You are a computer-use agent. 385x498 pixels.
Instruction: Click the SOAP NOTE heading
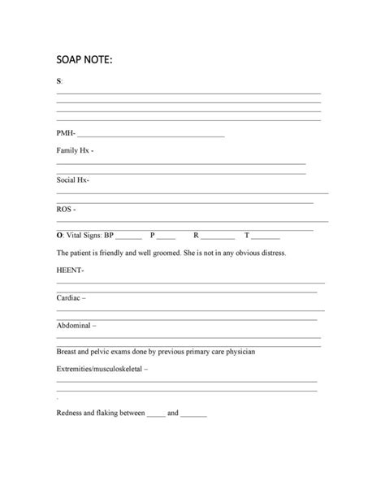(x=84, y=60)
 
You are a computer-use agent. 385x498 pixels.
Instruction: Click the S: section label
(x=59, y=81)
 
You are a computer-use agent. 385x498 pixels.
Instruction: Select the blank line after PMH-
(x=150, y=135)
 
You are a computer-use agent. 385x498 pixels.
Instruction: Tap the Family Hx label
(x=74, y=151)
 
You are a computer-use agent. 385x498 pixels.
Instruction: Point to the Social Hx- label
(x=73, y=180)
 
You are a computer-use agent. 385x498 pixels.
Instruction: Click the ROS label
(x=66, y=209)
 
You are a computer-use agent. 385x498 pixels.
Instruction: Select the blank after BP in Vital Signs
(x=129, y=238)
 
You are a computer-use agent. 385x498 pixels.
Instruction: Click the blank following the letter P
(x=166, y=238)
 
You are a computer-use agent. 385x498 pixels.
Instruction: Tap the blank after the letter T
(x=266, y=238)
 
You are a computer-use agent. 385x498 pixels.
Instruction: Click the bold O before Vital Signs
(x=59, y=236)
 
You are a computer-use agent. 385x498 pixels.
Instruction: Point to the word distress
(x=269, y=253)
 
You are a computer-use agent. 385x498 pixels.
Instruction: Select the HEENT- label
(x=70, y=271)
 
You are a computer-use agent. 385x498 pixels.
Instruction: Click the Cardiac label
(x=70, y=298)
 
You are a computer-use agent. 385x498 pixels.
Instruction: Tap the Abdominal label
(x=75, y=325)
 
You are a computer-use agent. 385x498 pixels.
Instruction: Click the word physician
(x=237, y=352)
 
